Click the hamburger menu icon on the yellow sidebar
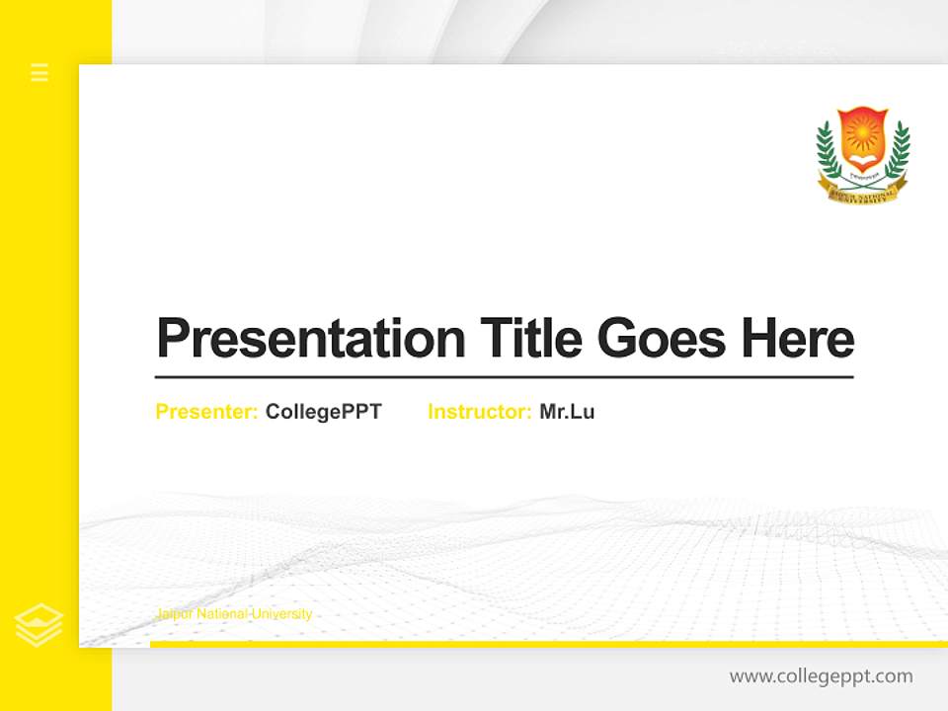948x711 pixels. pos(39,72)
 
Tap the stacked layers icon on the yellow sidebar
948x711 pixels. pos(39,624)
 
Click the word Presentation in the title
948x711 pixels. pos(311,339)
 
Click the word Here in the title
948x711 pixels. pos(797,338)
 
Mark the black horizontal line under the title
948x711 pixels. pos(504,377)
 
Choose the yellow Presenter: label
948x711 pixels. pos(206,412)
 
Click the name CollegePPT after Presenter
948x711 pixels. pos(323,412)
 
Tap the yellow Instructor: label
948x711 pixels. pos(479,412)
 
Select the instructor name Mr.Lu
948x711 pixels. pos(567,412)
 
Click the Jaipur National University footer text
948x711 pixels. pos(234,614)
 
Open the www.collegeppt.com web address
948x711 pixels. pos(821,676)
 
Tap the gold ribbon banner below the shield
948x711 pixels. pos(862,193)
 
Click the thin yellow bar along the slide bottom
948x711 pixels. pos(548,644)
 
